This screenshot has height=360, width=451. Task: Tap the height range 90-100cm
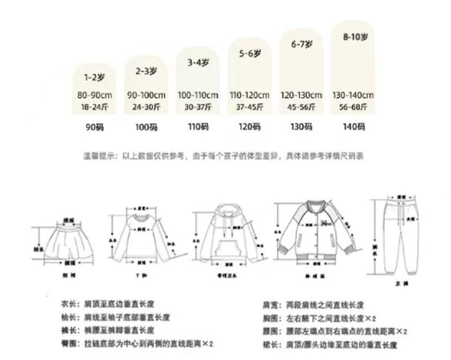pos(146,95)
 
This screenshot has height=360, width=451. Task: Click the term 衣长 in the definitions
pos(68,304)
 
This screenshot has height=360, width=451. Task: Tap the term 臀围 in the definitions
pos(68,345)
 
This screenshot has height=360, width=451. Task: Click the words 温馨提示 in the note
pos(96,155)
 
